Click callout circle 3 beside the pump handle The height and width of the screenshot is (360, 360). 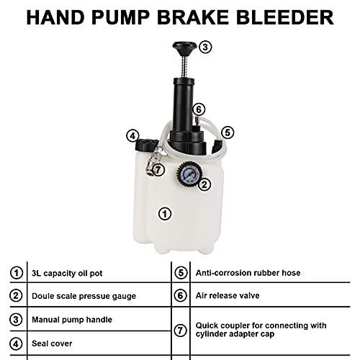pos(205,48)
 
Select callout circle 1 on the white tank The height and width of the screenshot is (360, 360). pos(164,213)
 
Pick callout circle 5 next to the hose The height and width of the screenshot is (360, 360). pos(227,132)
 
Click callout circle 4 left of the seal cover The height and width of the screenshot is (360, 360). pos(132,135)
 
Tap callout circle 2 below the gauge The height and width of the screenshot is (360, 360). pos(204,184)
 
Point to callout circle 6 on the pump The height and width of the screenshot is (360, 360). pos(199,109)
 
